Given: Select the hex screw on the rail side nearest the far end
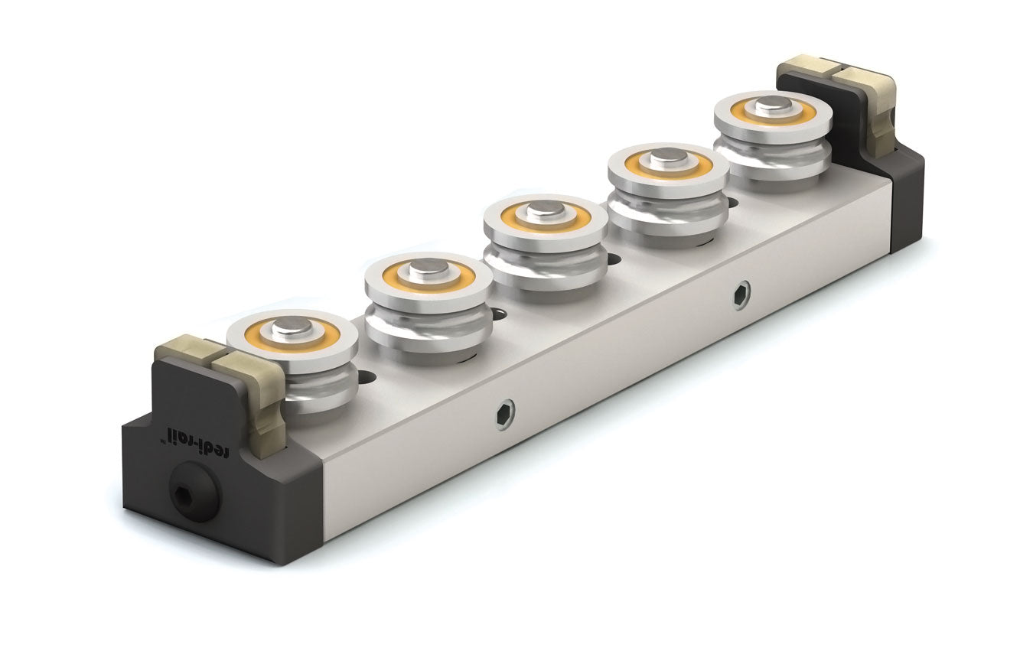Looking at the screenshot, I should point(741,294).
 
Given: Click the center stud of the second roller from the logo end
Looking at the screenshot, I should point(429,268).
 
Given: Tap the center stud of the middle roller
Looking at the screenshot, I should point(546,211).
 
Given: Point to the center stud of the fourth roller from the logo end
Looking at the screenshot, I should point(669,158).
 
